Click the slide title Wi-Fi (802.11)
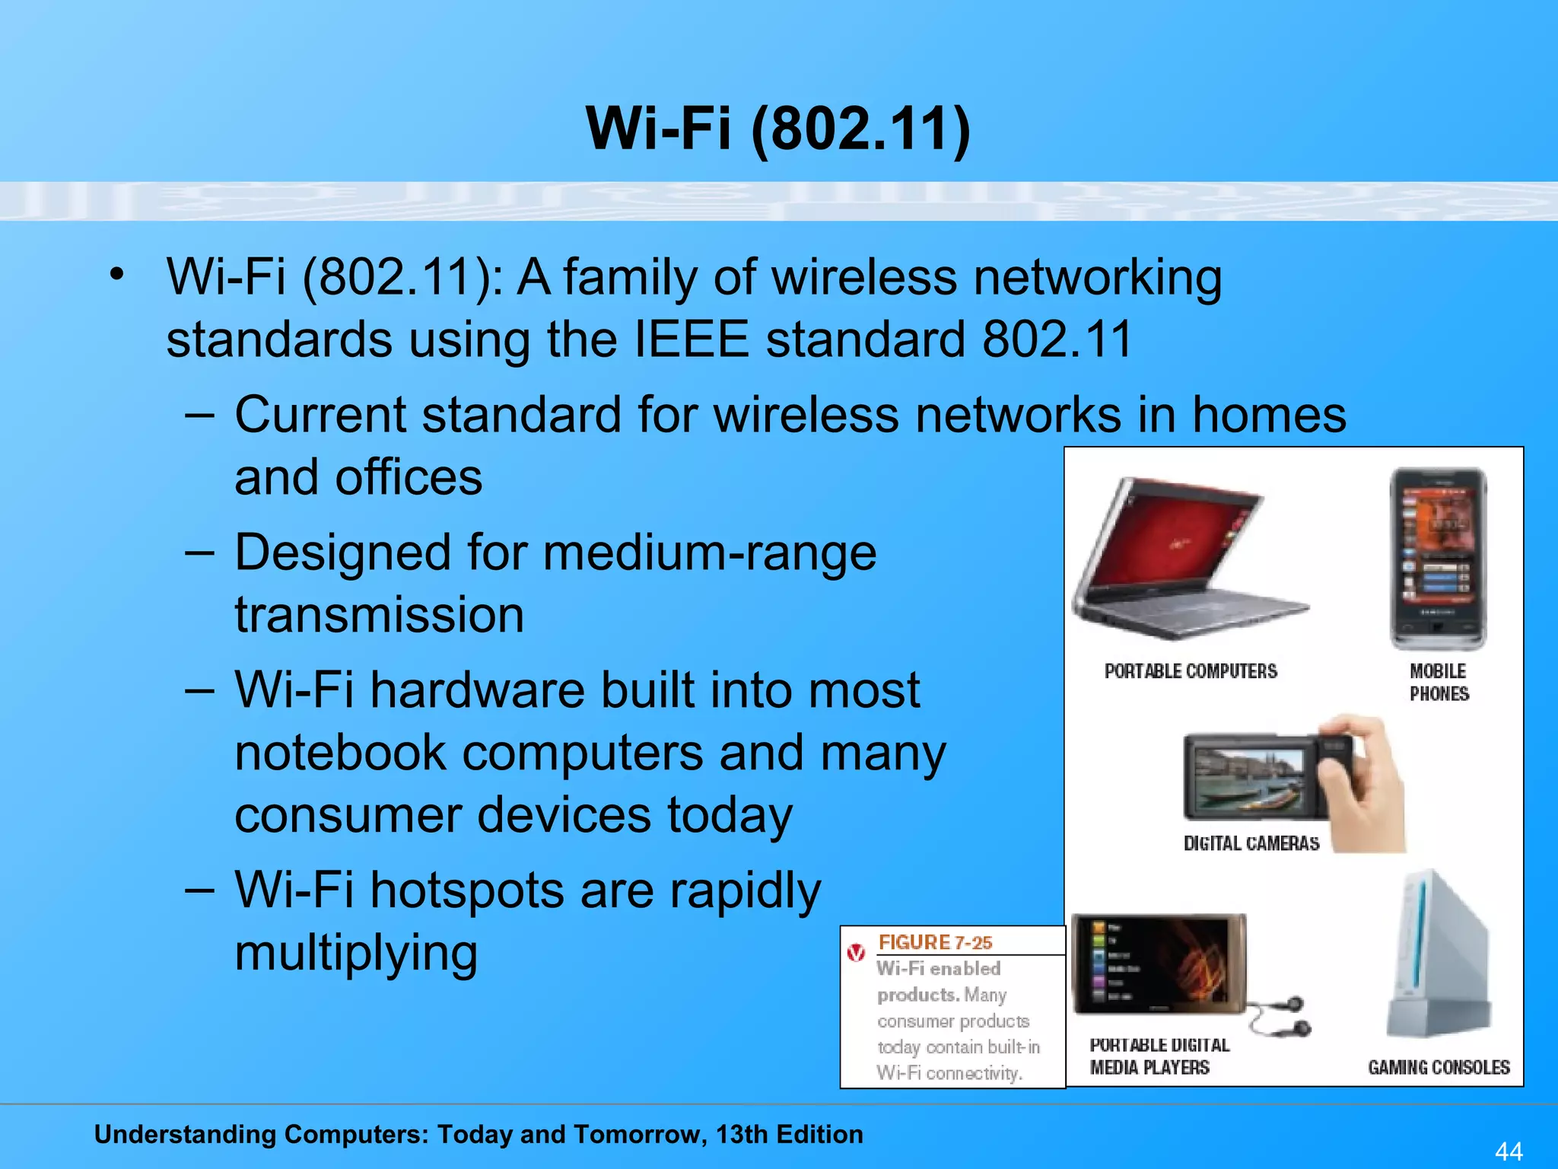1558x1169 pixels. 777,128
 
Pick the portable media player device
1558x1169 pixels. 1158,965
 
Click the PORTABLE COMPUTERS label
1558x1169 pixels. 1191,671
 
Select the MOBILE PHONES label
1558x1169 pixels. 1439,683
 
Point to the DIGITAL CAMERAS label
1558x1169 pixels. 1251,843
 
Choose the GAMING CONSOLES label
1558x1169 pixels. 1439,1068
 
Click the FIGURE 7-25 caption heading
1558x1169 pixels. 935,943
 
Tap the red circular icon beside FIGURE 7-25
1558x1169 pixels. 857,952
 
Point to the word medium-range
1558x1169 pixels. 709,553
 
